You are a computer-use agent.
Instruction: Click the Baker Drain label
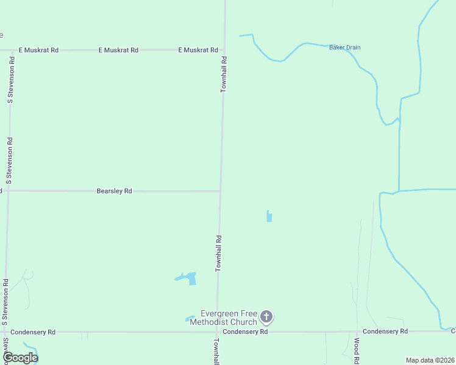pos(345,47)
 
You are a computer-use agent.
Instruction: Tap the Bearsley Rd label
pos(115,191)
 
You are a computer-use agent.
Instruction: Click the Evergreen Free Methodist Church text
pos(223,318)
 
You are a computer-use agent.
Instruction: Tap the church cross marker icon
pos(266,316)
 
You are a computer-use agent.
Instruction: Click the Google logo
pos(20,358)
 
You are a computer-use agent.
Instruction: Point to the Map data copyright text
pos(430,360)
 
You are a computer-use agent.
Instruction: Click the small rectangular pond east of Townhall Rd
pos(269,216)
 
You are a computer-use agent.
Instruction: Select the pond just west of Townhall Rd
pos(188,278)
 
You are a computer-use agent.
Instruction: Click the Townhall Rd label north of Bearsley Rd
pos(224,74)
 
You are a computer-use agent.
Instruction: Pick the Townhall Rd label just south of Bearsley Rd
pos(218,253)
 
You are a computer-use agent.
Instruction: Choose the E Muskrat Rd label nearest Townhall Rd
pos(198,50)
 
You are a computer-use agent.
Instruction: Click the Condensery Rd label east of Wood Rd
pos(385,332)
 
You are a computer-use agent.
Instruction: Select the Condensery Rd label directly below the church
pos(245,332)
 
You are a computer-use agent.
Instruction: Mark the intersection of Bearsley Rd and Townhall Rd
pos(220,191)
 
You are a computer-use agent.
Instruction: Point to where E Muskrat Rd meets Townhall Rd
pos(224,50)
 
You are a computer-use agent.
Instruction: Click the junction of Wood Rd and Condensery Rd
pos(357,332)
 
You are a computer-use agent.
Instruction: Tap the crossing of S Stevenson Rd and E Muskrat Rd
pos(12,50)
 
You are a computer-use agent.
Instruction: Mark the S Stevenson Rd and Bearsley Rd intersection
pos(9,190)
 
